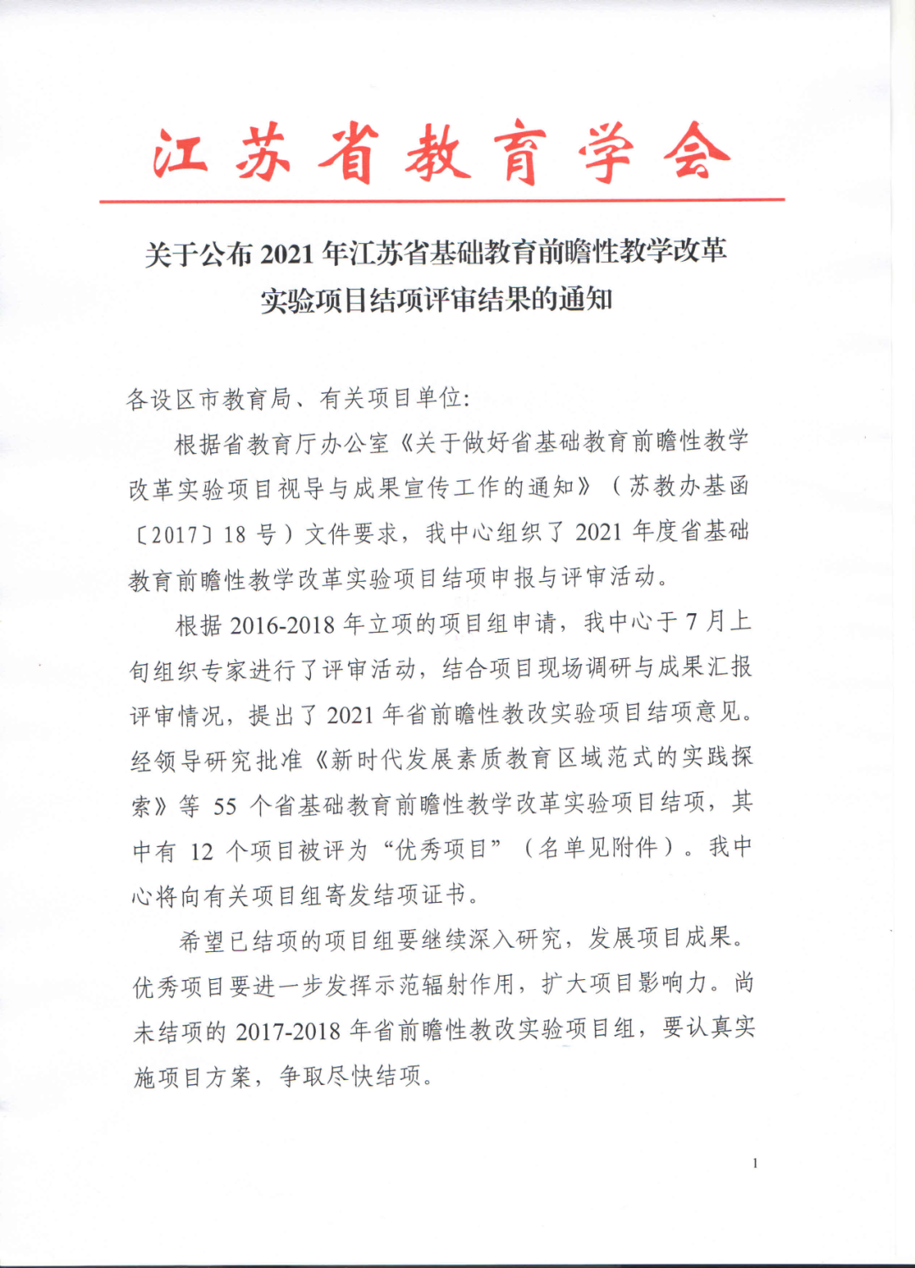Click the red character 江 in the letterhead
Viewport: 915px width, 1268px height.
click(x=180, y=153)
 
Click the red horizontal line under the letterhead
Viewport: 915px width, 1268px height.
click(x=441, y=201)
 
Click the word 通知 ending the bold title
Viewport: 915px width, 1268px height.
click(x=585, y=300)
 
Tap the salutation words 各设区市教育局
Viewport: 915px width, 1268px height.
click(x=208, y=398)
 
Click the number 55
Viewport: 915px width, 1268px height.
click(x=225, y=806)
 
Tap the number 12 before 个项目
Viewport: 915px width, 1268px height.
click(x=202, y=851)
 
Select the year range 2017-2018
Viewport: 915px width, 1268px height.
click(x=288, y=1032)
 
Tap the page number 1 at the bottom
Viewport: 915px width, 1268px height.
click(x=755, y=1163)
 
